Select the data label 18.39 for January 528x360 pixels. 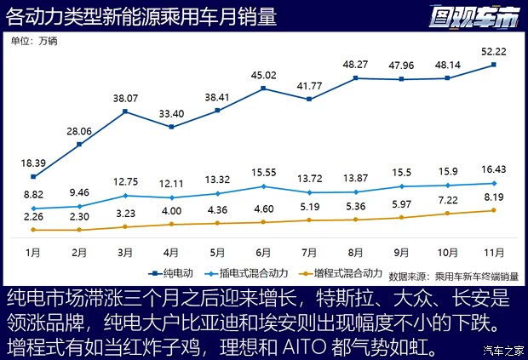pyautogui.click(x=32, y=163)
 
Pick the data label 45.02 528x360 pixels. pyautogui.click(x=263, y=74)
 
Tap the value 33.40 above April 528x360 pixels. pyautogui.click(x=171, y=113)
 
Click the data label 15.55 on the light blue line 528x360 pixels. pyautogui.click(x=263, y=173)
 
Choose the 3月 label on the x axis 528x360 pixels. pyautogui.click(x=125, y=252)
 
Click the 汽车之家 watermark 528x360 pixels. pyautogui.click(x=502, y=349)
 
